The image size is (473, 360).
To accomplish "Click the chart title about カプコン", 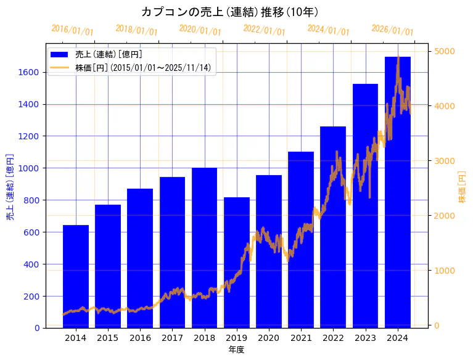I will (229, 12).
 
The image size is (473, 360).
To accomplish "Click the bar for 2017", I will (172, 252).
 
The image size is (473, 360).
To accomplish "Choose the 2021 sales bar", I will (301, 240).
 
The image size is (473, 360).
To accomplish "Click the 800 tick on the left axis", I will (31, 200).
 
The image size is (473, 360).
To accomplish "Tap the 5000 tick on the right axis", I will (445, 51).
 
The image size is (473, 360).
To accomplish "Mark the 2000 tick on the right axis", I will (445, 216).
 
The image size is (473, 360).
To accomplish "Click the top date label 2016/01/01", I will (72, 30).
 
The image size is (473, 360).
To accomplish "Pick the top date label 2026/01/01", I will (392, 30).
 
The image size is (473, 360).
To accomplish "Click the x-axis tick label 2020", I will (269, 338).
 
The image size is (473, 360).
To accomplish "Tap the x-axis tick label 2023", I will (366, 338).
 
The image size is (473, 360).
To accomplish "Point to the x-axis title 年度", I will (236, 350).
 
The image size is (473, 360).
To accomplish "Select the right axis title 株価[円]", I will (463, 188).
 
